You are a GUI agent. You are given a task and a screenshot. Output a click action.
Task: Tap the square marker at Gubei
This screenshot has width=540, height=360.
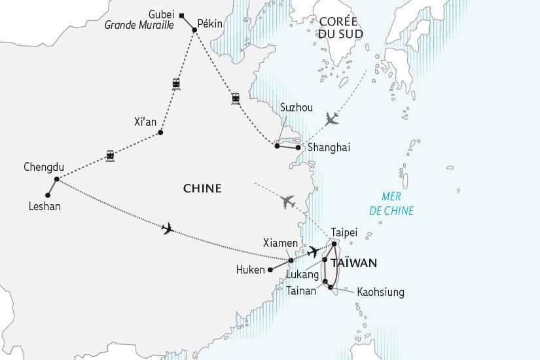[183, 16]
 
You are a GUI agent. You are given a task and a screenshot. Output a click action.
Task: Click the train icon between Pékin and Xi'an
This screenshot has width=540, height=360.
[176, 83]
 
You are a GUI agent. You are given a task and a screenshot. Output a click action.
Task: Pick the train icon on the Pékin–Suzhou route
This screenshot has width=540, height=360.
[235, 98]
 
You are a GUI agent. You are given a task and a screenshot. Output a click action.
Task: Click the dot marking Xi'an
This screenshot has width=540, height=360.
[161, 133]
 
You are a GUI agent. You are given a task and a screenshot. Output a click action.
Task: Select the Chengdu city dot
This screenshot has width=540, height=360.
[57, 179]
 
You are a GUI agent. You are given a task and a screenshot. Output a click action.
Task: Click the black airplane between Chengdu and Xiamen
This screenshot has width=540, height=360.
[168, 228]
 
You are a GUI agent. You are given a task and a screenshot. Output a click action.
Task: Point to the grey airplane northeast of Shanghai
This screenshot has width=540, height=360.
[333, 118]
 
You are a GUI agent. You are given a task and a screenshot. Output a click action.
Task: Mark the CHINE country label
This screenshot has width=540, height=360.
[202, 189]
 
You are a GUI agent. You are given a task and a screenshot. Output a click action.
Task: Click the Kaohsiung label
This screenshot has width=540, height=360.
[380, 292]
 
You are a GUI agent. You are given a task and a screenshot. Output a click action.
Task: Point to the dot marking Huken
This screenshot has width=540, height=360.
[268, 269]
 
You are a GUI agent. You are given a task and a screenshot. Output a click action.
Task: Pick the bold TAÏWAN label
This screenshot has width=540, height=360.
[353, 263]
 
